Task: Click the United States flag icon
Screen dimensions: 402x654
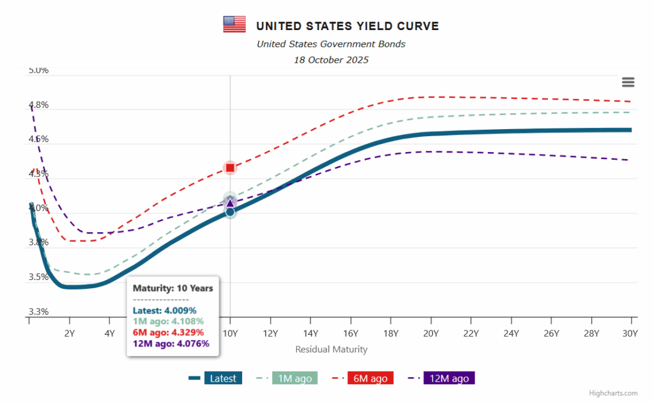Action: pos(234,25)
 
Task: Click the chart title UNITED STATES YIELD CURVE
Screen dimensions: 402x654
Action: pos(347,26)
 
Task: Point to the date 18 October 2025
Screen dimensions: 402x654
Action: pos(331,60)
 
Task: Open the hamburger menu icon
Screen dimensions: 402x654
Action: pos(628,82)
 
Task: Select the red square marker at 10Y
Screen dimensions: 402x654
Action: pos(230,168)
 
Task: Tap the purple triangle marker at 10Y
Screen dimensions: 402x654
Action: pos(230,202)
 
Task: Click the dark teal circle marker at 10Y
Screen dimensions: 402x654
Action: pos(230,212)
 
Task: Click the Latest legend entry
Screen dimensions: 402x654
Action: pos(223,378)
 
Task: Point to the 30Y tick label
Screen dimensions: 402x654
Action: pos(630,333)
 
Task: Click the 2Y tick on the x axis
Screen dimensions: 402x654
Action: pos(70,333)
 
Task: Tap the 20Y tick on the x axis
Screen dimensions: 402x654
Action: pos(430,333)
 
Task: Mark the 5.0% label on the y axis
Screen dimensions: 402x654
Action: pos(38,70)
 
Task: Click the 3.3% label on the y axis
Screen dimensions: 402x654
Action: pos(38,312)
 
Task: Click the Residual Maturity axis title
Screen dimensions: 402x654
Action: pos(331,350)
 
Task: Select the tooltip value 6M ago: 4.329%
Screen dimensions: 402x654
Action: pos(168,332)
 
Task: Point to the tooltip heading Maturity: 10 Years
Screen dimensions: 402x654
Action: pos(172,288)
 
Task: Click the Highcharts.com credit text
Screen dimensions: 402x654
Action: pos(613,394)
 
